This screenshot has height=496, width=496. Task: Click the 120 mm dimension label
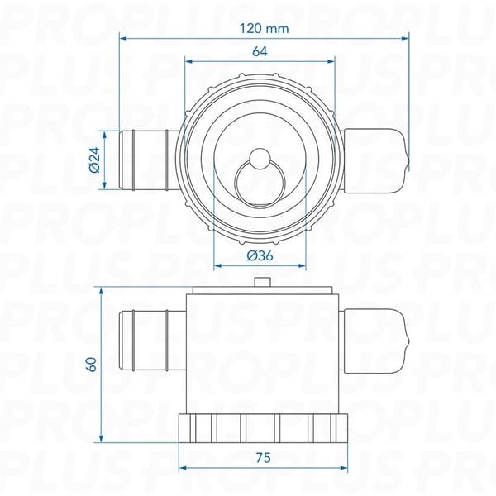(x=264, y=29)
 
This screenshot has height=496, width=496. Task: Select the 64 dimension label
(x=260, y=51)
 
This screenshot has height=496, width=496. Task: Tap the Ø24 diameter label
(x=95, y=160)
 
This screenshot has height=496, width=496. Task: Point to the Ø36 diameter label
(x=260, y=255)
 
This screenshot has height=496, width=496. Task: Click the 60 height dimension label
(x=92, y=365)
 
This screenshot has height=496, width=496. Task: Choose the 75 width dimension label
(x=264, y=458)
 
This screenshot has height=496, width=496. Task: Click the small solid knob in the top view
(x=260, y=158)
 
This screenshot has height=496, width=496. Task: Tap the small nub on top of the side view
(x=263, y=282)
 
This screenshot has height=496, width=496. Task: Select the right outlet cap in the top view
(x=376, y=160)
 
